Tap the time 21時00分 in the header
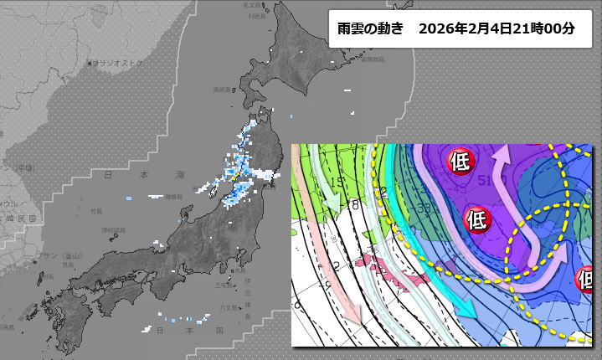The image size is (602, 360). point(546,28)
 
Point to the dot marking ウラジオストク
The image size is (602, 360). point(90,64)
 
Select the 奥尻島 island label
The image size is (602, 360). point(222,90)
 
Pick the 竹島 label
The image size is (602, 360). point(98,211)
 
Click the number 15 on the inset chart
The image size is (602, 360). point(337,182)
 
